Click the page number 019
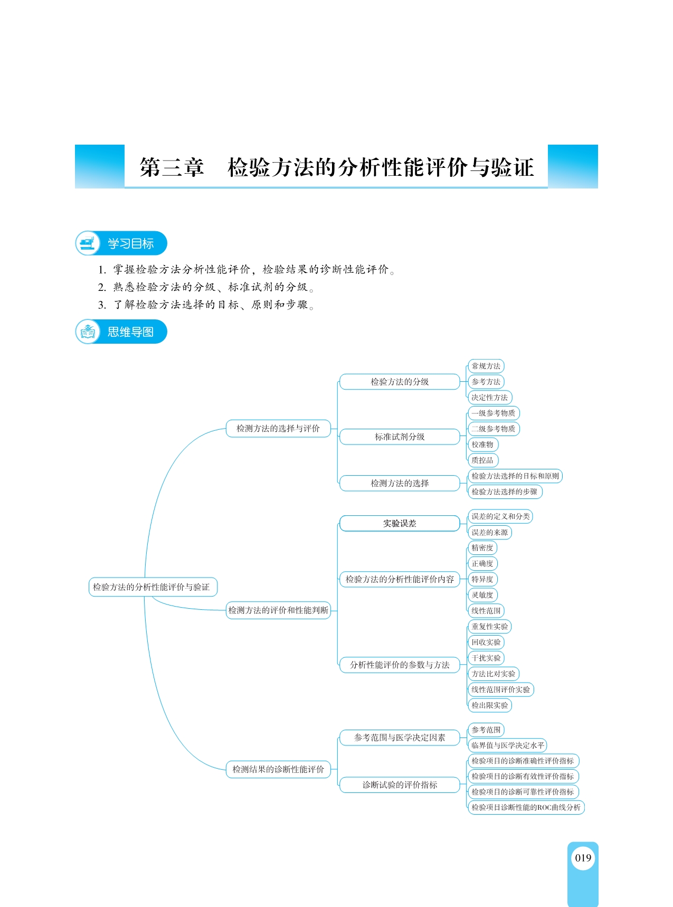(583, 857)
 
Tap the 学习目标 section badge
(121, 243)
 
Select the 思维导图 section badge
(121, 332)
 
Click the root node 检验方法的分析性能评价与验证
(153, 587)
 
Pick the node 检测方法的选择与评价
(278, 428)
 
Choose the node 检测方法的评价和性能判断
(278, 610)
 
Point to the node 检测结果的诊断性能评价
(278, 769)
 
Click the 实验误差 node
(400, 523)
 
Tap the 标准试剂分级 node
(400, 437)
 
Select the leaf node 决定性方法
(490, 398)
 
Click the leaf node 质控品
(482, 460)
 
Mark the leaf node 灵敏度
(482, 595)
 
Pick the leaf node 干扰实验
(486, 658)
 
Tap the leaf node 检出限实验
(490, 705)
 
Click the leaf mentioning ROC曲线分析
(526, 807)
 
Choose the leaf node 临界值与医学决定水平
(507, 745)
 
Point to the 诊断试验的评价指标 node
(400, 785)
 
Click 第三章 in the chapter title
(172, 167)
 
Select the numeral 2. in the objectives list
(102, 287)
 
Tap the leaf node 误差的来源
(490, 532)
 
